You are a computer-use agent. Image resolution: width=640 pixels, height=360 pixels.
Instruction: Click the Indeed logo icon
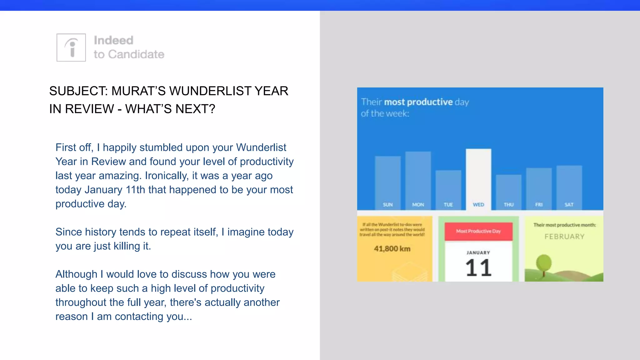(x=71, y=47)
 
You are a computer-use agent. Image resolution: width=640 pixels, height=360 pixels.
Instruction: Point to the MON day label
(x=418, y=205)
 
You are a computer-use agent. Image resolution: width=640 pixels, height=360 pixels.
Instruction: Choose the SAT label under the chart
(x=569, y=205)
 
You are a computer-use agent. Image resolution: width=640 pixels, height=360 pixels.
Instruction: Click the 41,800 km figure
(x=392, y=249)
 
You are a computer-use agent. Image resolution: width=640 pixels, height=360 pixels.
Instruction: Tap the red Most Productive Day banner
(x=478, y=231)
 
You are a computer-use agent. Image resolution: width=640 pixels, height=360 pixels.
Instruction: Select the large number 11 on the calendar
(x=478, y=268)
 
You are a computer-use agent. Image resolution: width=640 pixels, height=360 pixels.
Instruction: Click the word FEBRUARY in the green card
(x=564, y=237)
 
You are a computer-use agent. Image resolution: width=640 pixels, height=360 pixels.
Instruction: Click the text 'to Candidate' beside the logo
(x=129, y=54)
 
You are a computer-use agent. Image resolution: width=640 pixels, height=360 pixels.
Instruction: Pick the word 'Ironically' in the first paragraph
(x=166, y=176)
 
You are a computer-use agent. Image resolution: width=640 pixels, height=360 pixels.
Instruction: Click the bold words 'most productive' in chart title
(x=418, y=102)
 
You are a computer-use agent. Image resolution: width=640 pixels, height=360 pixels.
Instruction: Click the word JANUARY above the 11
(x=478, y=252)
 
